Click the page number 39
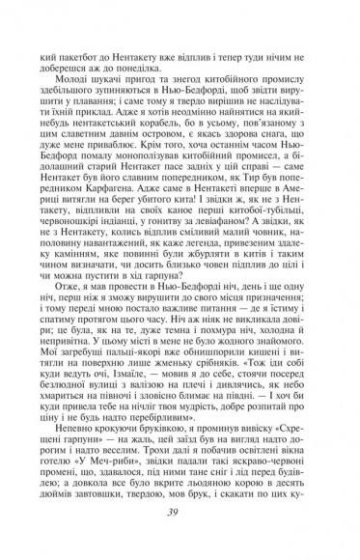[180, 513]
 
